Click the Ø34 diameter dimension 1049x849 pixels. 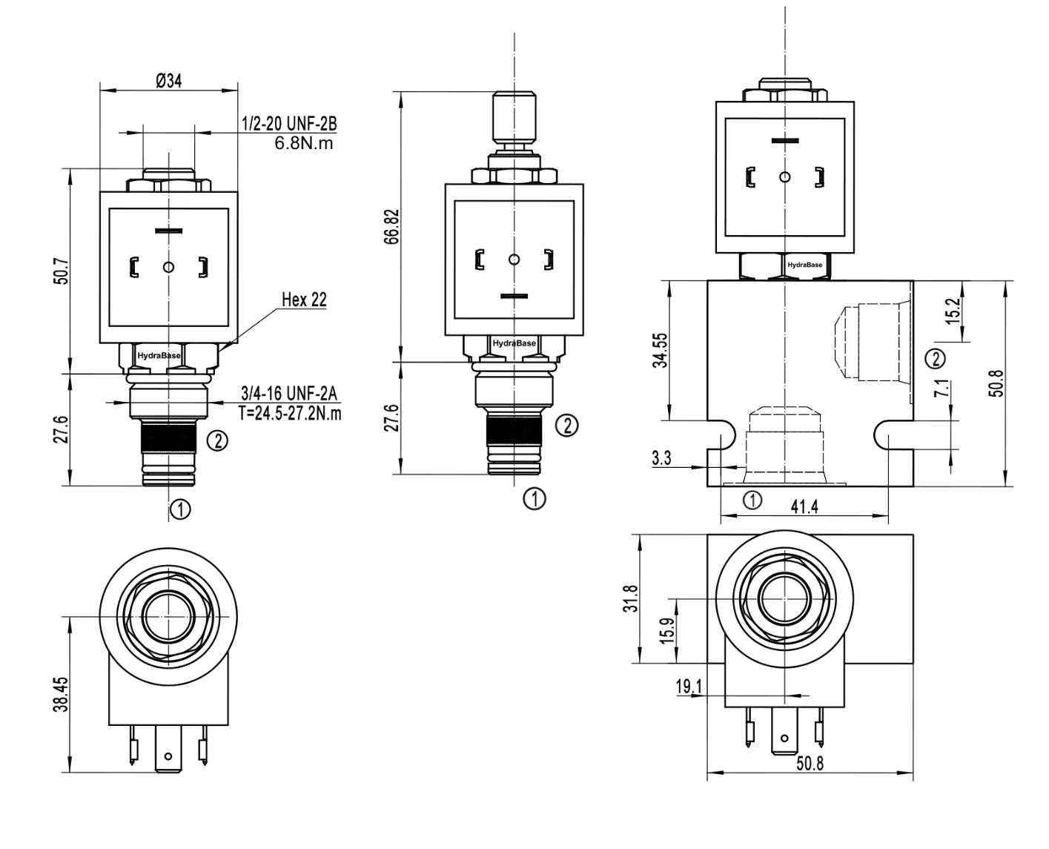[x=169, y=81]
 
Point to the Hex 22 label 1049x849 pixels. [x=304, y=300]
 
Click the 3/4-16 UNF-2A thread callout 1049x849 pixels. [x=290, y=392]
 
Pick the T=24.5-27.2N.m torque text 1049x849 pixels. [x=291, y=412]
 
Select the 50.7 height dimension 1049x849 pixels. [x=61, y=271]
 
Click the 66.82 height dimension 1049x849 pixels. [x=392, y=225]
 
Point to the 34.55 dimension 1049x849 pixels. [x=661, y=350]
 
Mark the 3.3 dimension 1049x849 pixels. [x=661, y=458]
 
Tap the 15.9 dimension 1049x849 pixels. [x=666, y=631]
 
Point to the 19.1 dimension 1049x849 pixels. [x=688, y=687]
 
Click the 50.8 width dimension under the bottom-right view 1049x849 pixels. [x=810, y=764]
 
